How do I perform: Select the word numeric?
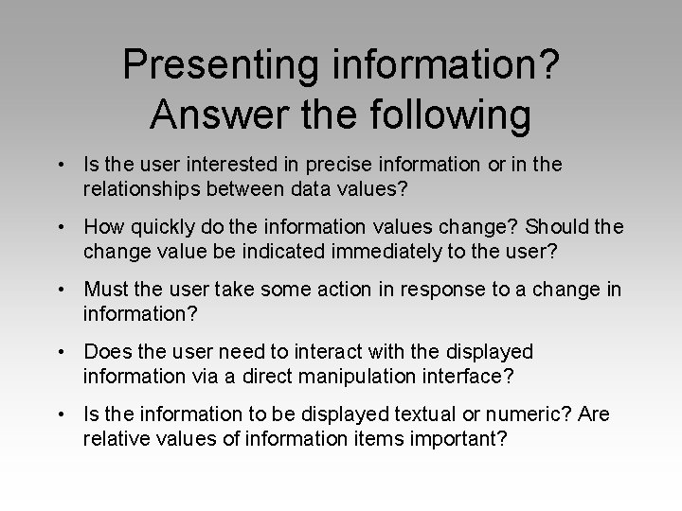click(501, 414)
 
